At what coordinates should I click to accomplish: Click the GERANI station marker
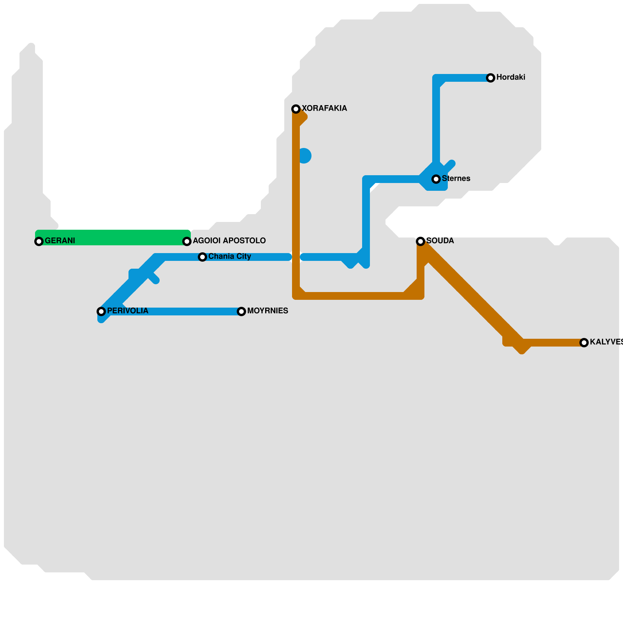click(x=39, y=241)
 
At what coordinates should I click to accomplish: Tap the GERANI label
click(x=60, y=241)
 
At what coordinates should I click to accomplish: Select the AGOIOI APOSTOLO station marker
click(x=187, y=241)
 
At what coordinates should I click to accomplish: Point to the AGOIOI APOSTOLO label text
click(x=229, y=241)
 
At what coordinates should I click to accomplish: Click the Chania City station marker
click(x=202, y=257)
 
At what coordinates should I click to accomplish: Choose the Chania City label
click(x=229, y=257)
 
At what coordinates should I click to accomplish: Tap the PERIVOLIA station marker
click(x=101, y=311)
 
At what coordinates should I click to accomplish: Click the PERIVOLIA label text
click(x=127, y=311)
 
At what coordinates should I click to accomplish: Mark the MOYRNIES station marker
click(x=241, y=311)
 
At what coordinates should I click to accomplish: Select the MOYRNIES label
click(x=268, y=311)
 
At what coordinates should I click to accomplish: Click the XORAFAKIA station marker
click(x=296, y=109)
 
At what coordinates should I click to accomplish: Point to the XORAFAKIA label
click(x=324, y=109)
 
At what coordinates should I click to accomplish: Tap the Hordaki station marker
click(x=491, y=78)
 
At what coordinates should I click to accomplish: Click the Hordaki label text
click(x=510, y=77)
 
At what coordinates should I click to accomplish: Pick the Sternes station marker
click(x=436, y=179)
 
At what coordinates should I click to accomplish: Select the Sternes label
click(x=456, y=179)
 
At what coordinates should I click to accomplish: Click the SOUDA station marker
click(x=421, y=241)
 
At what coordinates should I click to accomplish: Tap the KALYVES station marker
click(x=584, y=343)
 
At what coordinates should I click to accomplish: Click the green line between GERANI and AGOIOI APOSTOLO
click(x=113, y=238)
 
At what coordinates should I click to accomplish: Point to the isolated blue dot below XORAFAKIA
click(x=304, y=156)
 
